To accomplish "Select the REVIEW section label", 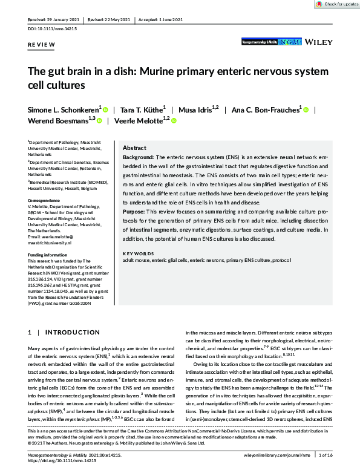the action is coord(41,45).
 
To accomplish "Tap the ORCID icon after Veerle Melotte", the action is coord(173,121).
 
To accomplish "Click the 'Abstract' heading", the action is coord(135,148).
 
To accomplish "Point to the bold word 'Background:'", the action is coord(138,157).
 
